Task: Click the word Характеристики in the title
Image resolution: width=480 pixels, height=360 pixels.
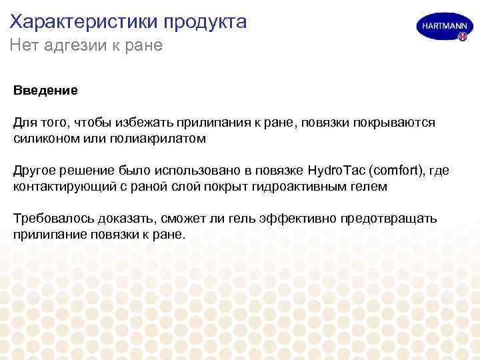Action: coord(79,22)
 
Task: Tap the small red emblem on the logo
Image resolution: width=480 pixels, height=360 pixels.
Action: coord(461,37)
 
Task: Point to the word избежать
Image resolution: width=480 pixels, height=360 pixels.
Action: coord(143,122)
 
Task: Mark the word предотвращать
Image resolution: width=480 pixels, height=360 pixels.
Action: coord(389,219)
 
